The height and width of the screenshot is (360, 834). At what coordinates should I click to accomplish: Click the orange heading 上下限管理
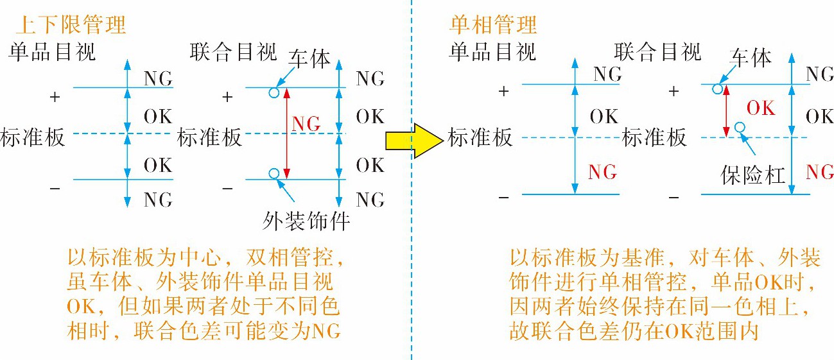point(71,24)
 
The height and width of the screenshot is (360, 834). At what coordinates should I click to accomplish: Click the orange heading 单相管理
point(493,24)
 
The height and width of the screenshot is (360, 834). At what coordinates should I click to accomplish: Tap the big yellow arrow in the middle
point(414,141)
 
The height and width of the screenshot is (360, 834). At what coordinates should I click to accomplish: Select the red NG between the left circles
point(306,124)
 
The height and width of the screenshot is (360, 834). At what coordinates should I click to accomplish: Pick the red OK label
point(761,108)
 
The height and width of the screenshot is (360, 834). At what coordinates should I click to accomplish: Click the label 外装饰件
point(306,221)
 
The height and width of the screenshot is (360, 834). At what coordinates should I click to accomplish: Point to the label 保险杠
point(753,175)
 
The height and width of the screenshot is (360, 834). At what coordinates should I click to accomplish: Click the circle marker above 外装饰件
point(274,173)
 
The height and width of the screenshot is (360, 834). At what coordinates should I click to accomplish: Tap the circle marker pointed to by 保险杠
point(740,128)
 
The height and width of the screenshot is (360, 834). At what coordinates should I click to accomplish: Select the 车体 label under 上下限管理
point(309,58)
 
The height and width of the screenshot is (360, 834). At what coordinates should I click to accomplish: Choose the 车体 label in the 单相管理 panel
point(751,58)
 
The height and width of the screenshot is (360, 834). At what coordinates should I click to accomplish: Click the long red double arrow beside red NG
point(287,133)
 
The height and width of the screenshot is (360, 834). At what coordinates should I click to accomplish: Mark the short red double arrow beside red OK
point(726,111)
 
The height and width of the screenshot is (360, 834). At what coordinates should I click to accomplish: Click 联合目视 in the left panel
point(234,52)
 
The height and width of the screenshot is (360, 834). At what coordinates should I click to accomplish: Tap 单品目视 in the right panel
point(492,52)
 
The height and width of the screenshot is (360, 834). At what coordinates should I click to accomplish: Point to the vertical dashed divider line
point(412,180)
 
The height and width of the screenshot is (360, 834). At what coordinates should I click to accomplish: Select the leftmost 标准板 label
point(33,137)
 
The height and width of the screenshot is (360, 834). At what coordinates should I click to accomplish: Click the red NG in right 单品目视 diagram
point(602,172)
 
